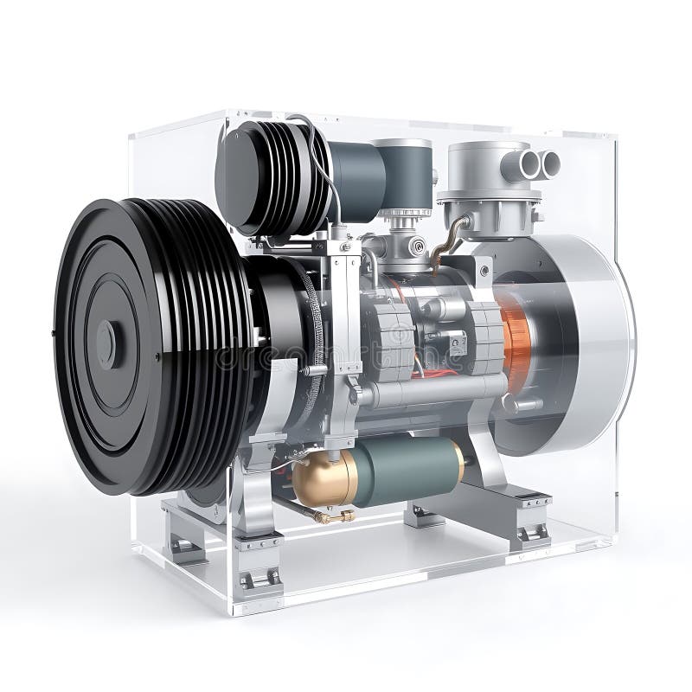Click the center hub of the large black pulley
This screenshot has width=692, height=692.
click(x=106, y=343)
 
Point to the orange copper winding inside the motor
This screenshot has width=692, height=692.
click(x=516, y=342)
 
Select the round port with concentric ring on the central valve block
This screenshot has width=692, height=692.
click(x=418, y=247)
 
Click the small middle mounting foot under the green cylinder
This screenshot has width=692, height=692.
click(x=423, y=516)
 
